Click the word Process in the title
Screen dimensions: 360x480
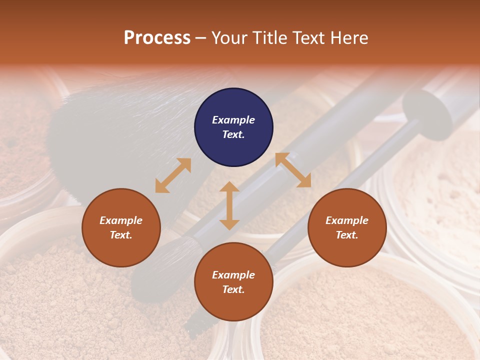(x=157, y=38)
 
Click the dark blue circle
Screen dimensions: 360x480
(x=233, y=127)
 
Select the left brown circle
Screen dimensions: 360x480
(x=121, y=227)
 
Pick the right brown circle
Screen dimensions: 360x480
(x=347, y=227)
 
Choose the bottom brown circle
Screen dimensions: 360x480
(x=233, y=281)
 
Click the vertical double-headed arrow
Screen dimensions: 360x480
(x=229, y=205)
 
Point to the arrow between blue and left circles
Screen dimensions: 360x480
(x=173, y=175)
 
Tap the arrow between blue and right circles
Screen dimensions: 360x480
(x=293, y=170)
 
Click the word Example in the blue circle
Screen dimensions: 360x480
(x=233, y=120)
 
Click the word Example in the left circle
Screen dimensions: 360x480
(x=121, y=220)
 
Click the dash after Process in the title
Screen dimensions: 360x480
(x=201, y=38)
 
